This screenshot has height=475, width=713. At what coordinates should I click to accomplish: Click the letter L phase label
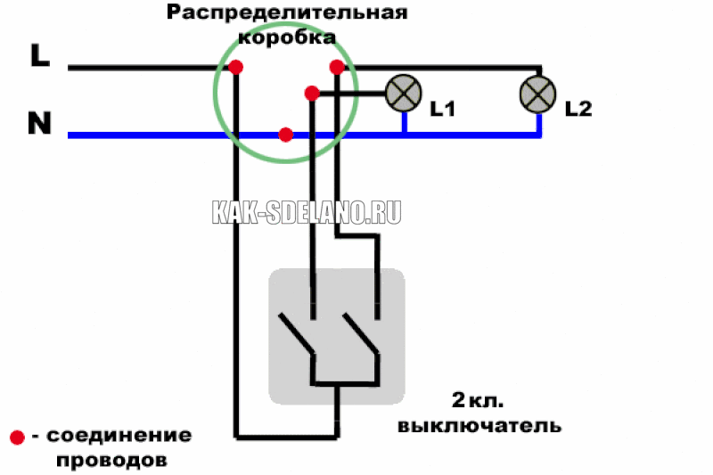click(x=40, y=55)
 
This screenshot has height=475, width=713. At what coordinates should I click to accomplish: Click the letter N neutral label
click(x=39, y=123)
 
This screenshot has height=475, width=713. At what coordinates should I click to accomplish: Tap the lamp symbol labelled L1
click(x=404, y=94)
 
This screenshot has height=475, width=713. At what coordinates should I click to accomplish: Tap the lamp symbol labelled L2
click(x=538, y=94)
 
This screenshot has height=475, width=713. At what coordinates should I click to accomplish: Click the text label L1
click(x=443, y=109)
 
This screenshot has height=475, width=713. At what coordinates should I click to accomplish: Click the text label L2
click(x=578, y=109)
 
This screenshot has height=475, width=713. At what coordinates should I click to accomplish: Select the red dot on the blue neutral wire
click(x=285, y=135)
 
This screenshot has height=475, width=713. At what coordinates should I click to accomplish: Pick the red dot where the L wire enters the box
click(x=235, y=67)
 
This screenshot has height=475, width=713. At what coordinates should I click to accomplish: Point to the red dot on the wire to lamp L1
click(x=312, y=94)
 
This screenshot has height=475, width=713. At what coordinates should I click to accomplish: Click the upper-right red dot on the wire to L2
click(x=337, y=67)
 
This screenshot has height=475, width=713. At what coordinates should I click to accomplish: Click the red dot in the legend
click(x=17, y=438)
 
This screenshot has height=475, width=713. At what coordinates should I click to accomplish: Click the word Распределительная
click(x=287, y=12)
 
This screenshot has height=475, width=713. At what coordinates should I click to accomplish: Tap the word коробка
click(x=287, y=37)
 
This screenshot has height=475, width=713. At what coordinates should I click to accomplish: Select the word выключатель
click(x=479, y=426)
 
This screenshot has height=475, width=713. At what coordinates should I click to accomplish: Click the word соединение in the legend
click(x=119, y=436)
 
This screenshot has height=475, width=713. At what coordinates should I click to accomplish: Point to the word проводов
click(x=112, y=461)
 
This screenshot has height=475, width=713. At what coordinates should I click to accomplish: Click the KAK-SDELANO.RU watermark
click(x=307, y=212)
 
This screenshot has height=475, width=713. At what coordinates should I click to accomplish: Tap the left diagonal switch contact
click(x=296, y=332)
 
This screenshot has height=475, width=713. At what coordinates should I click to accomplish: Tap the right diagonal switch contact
click(x=361, y=332)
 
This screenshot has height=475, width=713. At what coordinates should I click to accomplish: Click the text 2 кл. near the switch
click(x=478, y=400)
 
